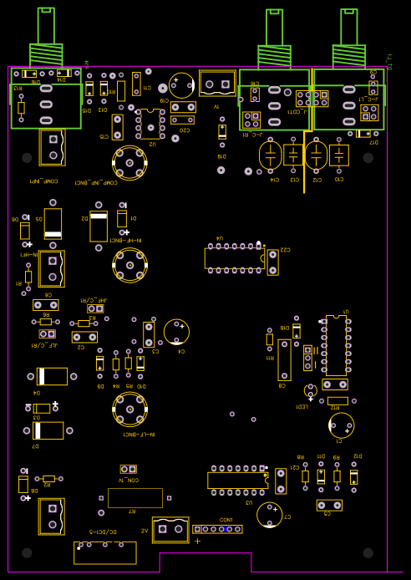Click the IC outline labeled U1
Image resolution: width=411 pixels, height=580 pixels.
coord(334,346)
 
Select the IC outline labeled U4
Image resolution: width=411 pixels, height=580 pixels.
coord(235,257)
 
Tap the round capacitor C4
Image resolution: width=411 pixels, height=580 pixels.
coord(176,332)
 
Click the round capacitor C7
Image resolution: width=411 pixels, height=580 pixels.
coord(269,514)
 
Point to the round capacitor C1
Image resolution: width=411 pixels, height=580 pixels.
coord(341,425)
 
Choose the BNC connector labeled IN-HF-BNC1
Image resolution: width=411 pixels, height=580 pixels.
coord(129,265)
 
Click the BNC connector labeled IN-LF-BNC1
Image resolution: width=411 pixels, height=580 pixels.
coord(129,410)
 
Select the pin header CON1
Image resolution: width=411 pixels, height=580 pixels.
coord(217,529)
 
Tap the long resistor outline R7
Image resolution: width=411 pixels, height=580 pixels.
coord(134,498)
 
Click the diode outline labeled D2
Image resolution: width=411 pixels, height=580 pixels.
coord(99,226)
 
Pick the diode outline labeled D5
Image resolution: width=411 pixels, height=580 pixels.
coord(53,223)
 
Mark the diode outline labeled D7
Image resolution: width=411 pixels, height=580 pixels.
coord(48,430)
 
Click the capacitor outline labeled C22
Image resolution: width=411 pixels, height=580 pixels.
coord(273,260)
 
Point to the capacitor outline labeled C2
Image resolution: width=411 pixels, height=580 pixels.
coord(84,337)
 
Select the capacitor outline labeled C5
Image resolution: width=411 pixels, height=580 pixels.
coord(329,505)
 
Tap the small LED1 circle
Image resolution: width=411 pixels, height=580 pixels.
coord(310,389)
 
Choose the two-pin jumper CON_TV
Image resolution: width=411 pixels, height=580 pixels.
coord(128,470)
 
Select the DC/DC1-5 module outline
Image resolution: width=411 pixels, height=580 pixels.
coord(105,552)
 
